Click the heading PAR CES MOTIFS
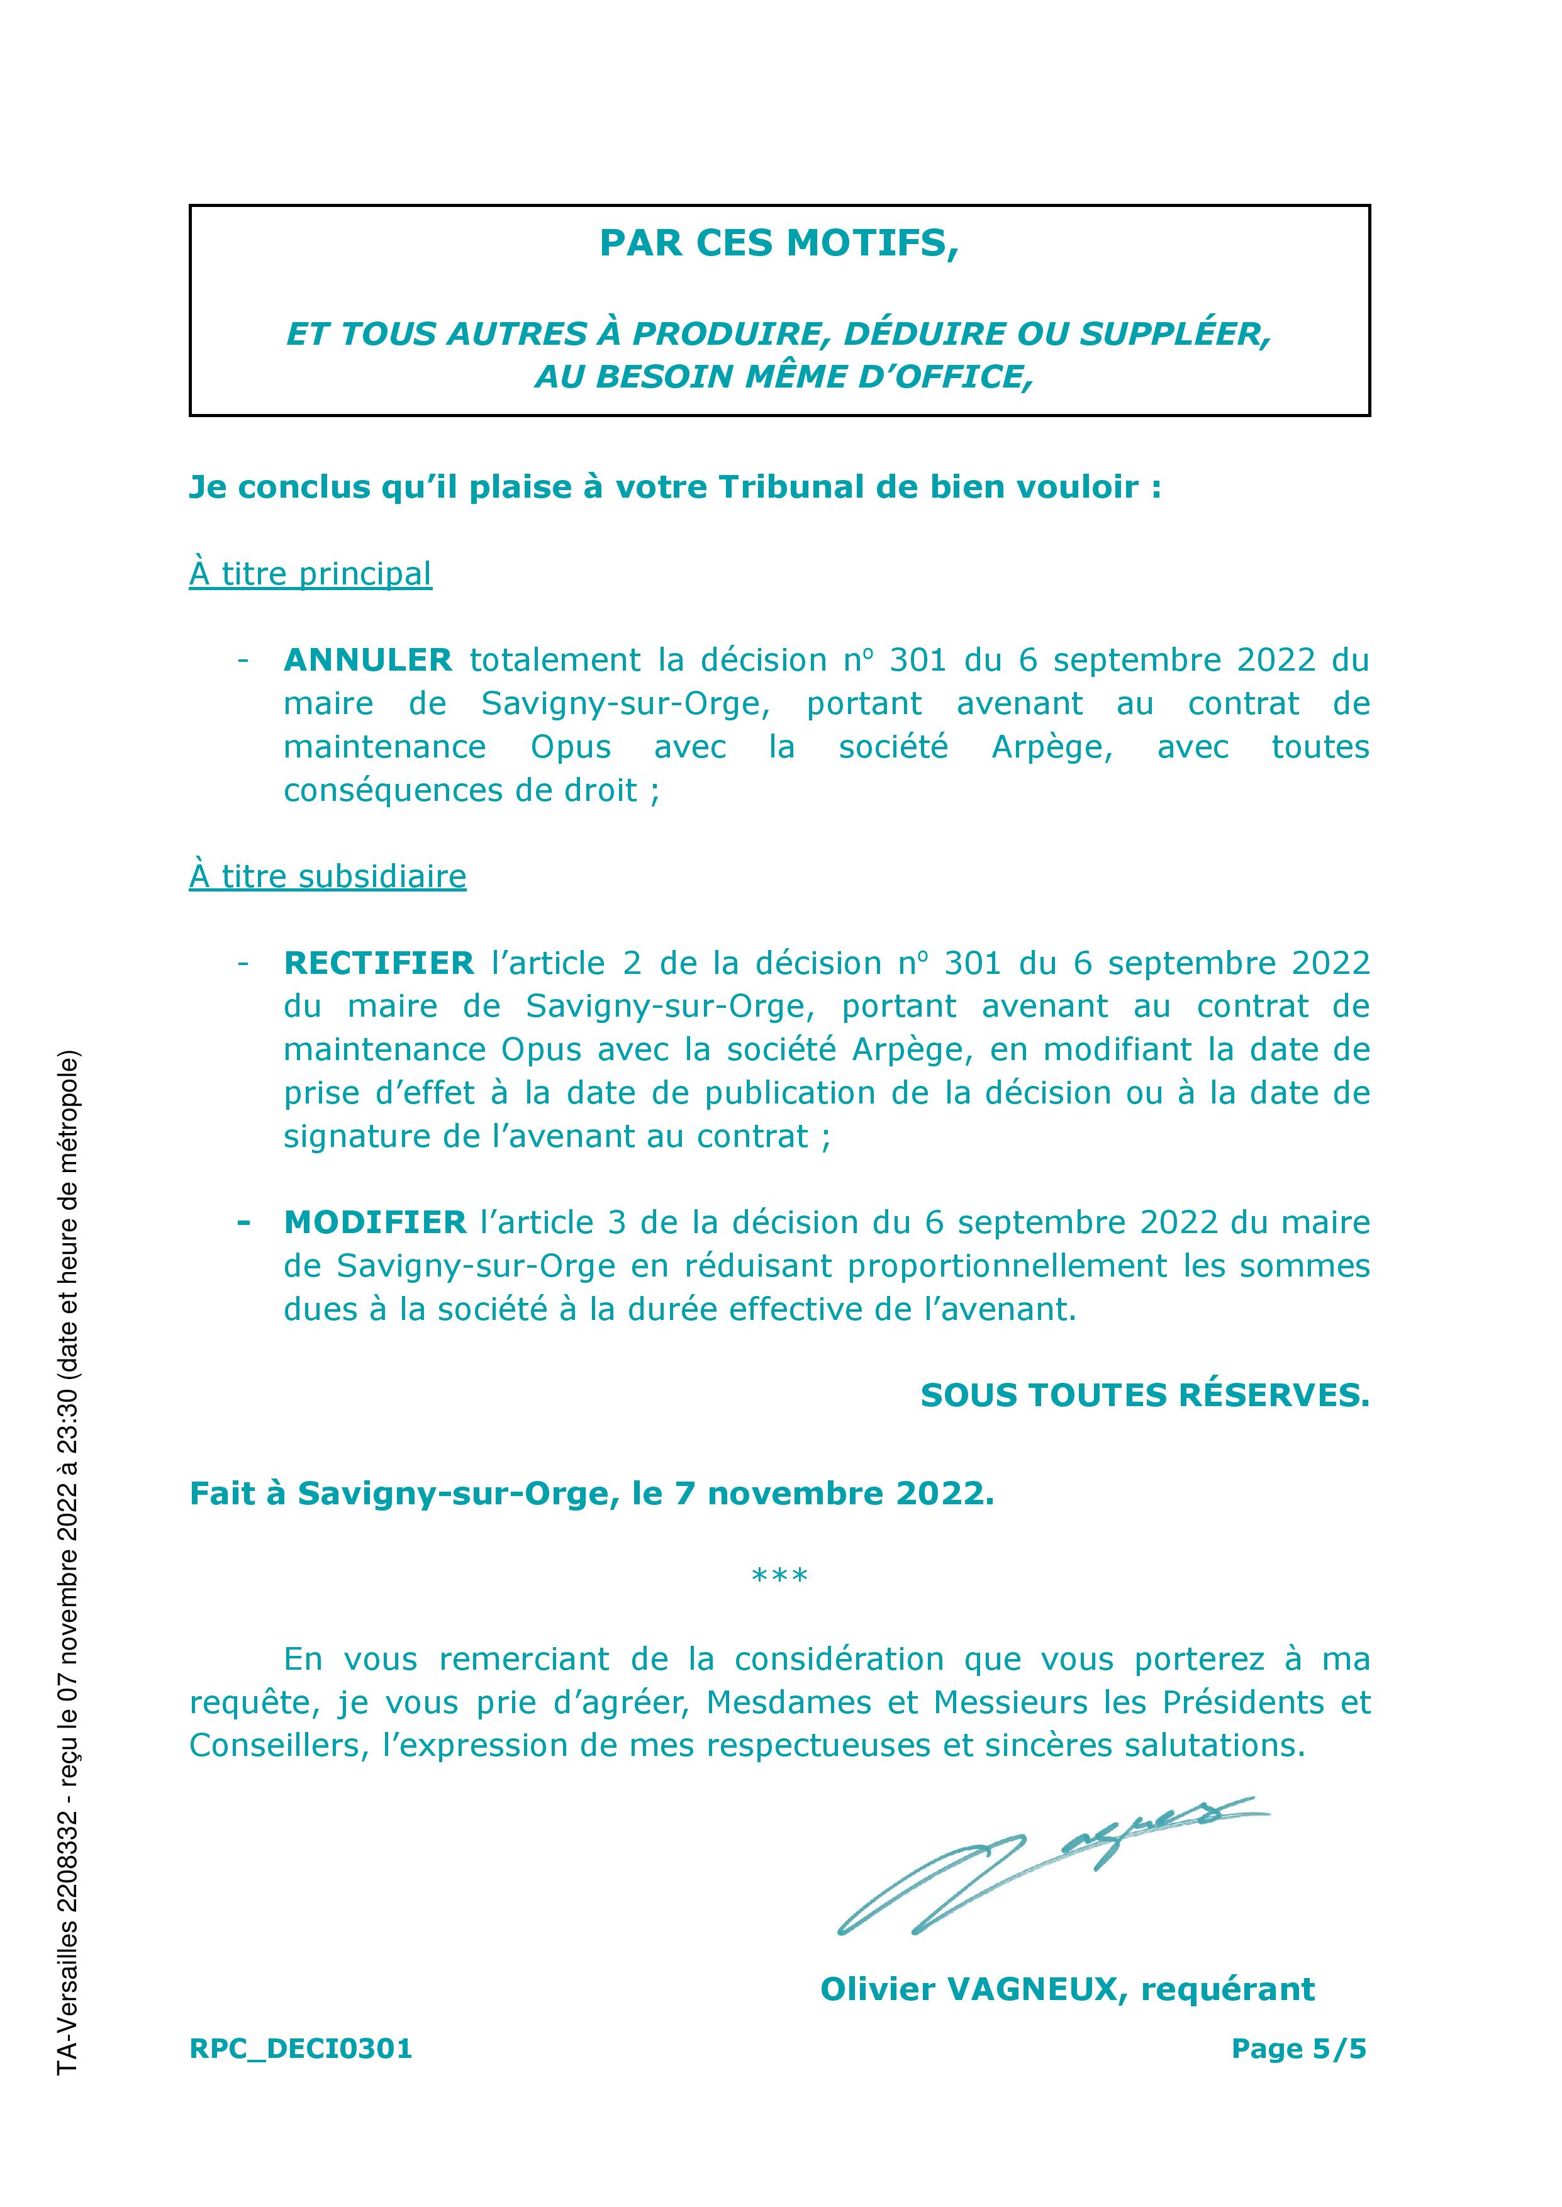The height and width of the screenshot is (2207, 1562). point(779,243)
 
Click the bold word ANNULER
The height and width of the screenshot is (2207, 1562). point(367,660)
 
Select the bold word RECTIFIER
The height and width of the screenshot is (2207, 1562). point(379,963)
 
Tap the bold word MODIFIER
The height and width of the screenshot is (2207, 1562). point(375,1222)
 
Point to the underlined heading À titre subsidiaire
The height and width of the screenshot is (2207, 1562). point(327,876)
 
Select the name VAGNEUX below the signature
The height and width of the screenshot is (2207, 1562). point(1037,1989)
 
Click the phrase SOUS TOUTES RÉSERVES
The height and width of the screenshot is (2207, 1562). point(1144,1395)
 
